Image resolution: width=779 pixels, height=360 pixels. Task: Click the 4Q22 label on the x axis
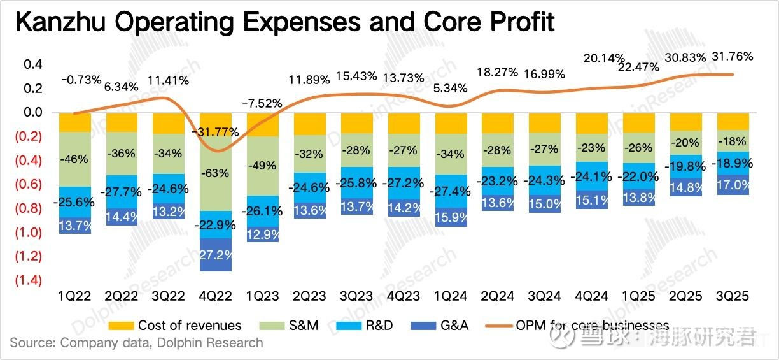coord(216,296)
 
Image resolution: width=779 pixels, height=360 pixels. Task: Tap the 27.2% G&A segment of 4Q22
coord(216,254)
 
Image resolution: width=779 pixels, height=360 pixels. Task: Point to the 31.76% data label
coord(732,56)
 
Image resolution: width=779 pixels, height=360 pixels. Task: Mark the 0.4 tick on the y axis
coord(32,64)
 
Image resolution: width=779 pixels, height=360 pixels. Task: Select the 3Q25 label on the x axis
coord(733,296)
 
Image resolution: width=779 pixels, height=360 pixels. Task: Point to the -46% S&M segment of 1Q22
coord(75,159)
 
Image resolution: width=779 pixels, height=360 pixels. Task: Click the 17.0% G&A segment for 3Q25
coord(733,185)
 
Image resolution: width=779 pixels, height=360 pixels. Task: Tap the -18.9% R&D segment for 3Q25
coord(733,163)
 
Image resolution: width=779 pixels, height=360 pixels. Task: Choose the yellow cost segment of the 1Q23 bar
coord(263,125)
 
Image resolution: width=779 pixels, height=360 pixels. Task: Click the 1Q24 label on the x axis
coord(451,296)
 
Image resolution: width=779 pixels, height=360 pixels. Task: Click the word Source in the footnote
coord(31,343)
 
